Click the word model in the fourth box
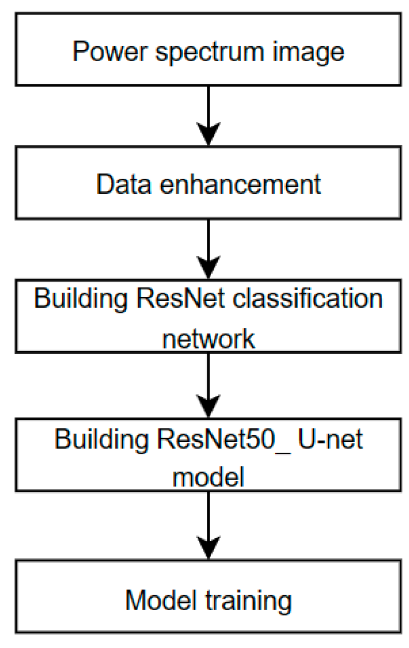tap(208, 478)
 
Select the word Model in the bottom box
tap(157, 601)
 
